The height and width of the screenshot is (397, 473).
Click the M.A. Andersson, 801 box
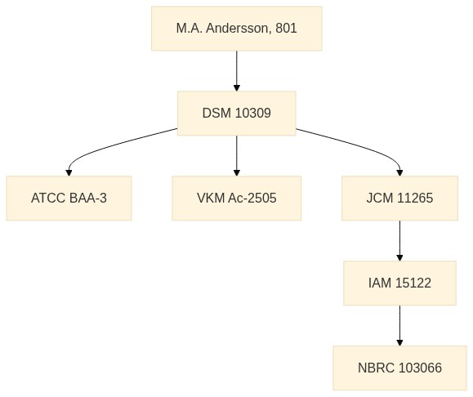pyautogui.click(x=237, y=29)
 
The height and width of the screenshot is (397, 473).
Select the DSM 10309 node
pyautogui.click(x=237, y=113)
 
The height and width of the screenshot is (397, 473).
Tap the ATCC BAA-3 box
pyautogui.click(x=69, y=198)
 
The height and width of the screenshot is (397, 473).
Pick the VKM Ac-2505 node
pyautogui.click(x=237, y=198)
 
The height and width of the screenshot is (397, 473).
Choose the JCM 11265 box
pyautogui.click(x=399, y=198)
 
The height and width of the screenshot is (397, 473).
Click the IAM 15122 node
pyautogui.click(x=399, y=283)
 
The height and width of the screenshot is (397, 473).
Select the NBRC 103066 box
pyautogui.click(x=399, y=368)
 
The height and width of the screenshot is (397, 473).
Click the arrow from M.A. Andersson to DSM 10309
pyautogui.click(x=237, y=71)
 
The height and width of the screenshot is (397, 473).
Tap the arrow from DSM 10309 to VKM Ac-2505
pyautogui.click(x=237, y=156)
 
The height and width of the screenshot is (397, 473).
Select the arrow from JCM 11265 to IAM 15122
pyautogui.click(x=399, y=241)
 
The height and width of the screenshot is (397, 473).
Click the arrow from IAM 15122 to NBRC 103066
pyautogui.click(x=399, y=325)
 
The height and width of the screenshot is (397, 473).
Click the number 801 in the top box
pyautogui.click(x=286, y=29)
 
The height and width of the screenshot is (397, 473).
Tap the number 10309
pyautogui.click(x=252, y=113)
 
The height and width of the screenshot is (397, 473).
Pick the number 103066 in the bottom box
pyautogui.click(x=420, y=368)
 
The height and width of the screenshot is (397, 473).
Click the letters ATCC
pyautogui.click(x=48, y=198)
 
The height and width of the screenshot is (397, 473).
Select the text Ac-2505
pyautogui.click(x=252, y=198)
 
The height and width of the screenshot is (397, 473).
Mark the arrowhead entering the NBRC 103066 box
pyautogui.click(x=399, y=343)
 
